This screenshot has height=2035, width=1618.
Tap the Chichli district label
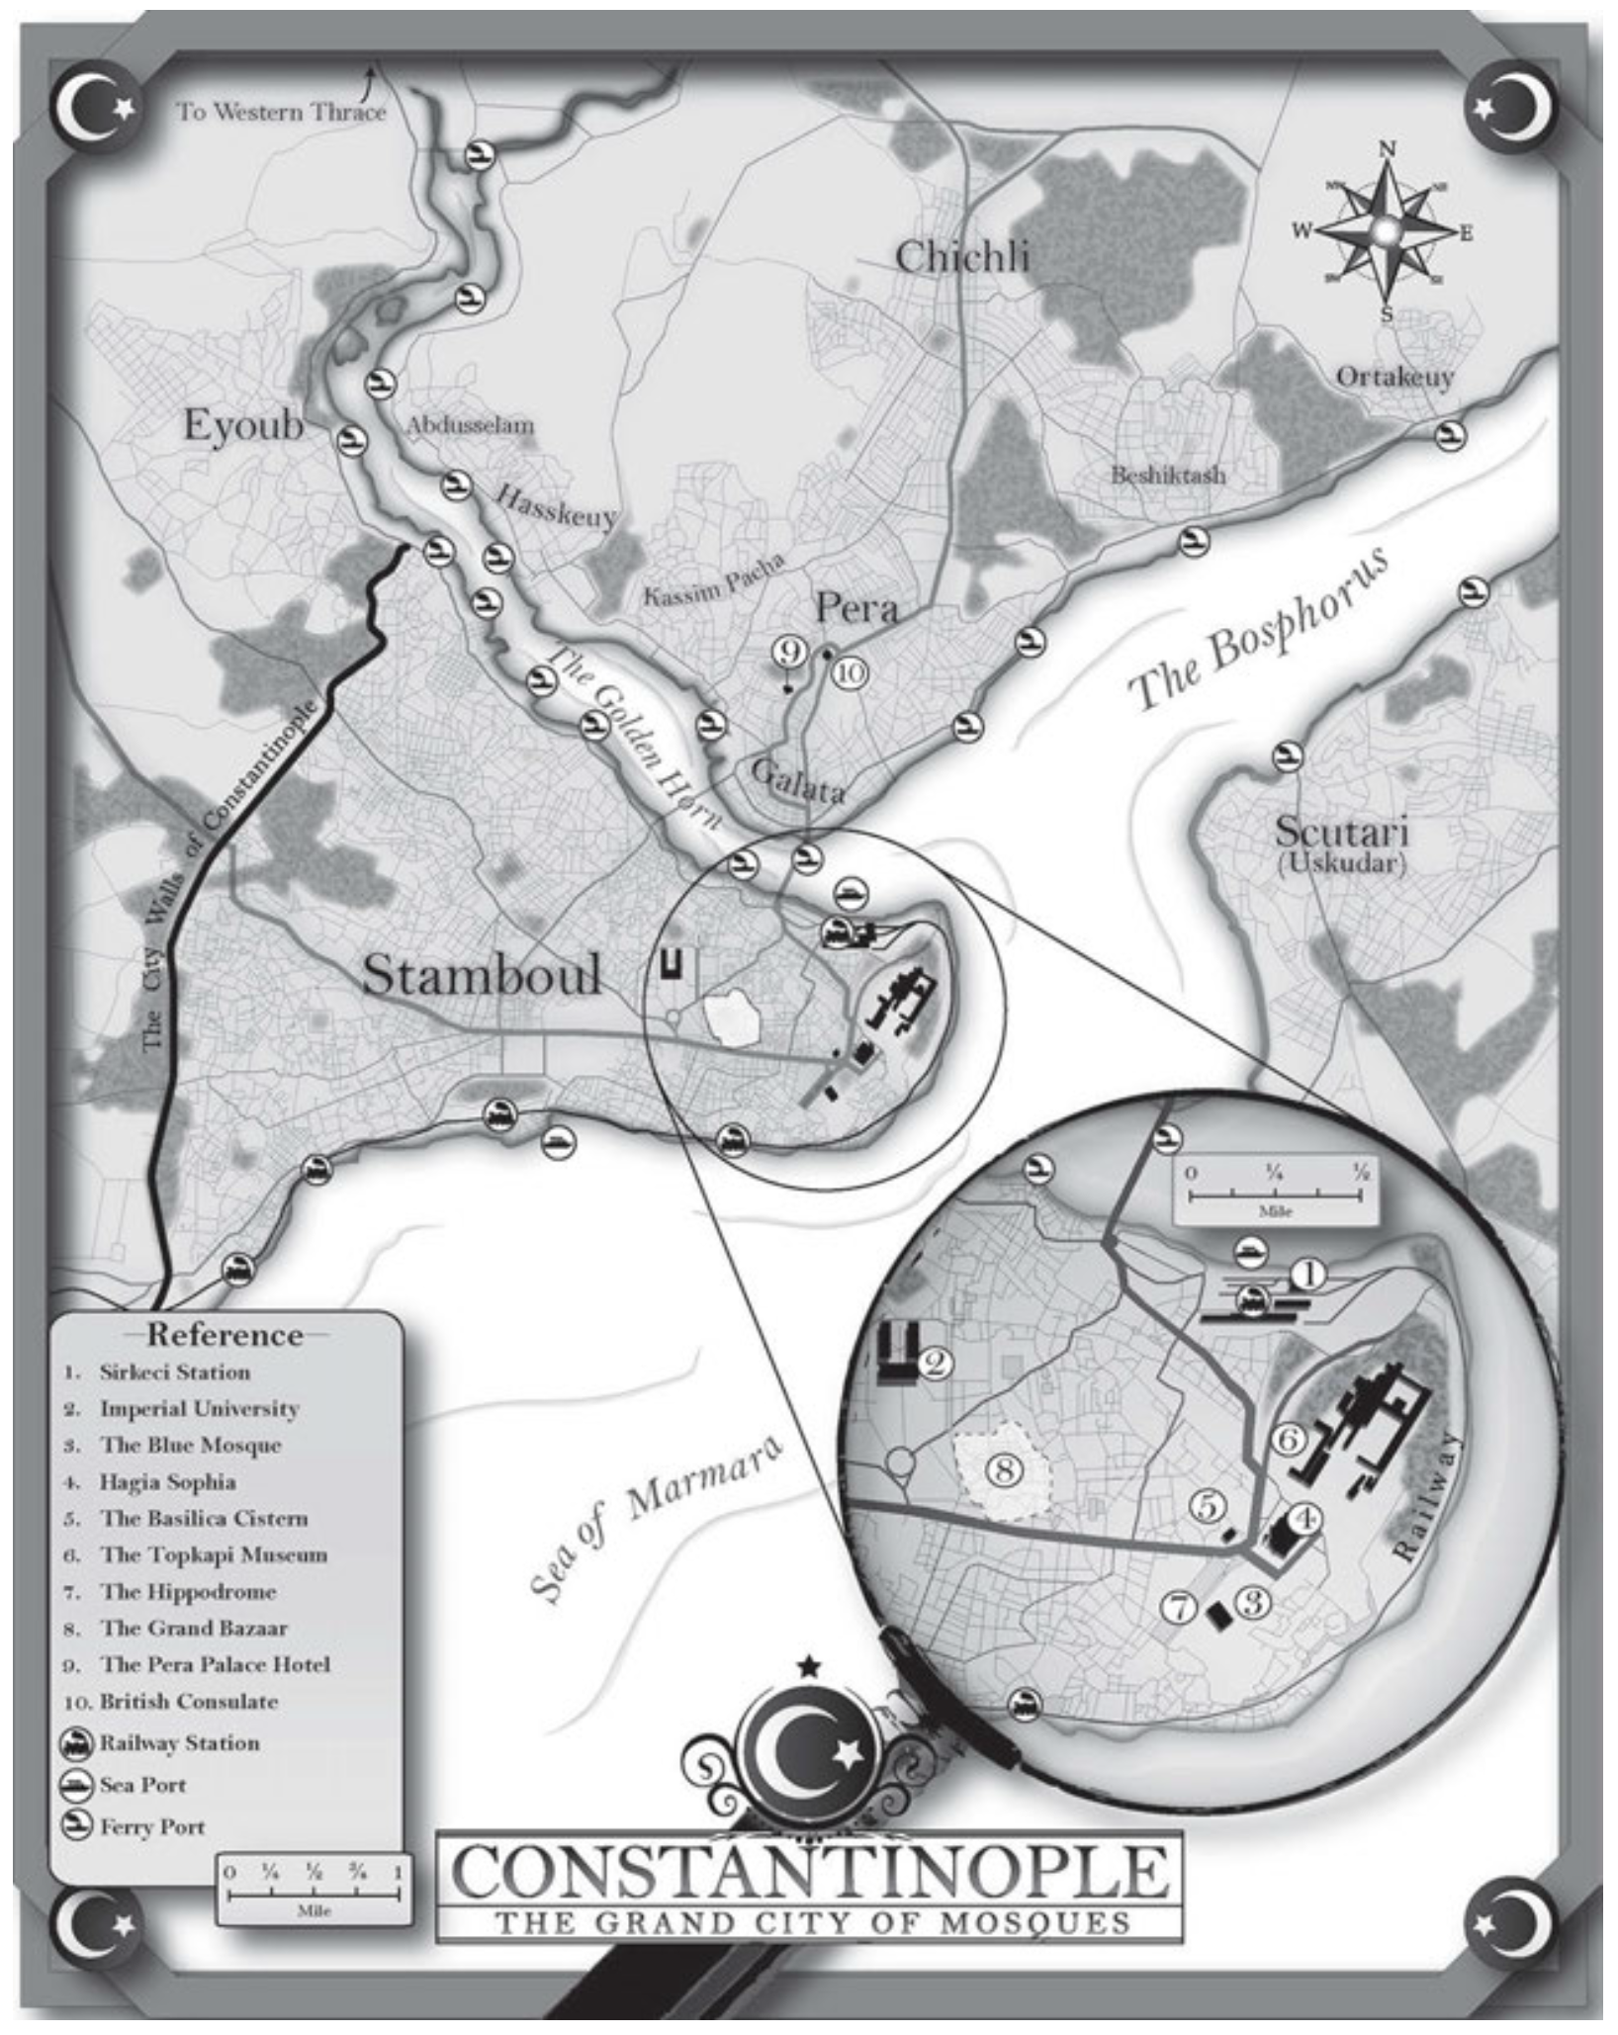(961, 258)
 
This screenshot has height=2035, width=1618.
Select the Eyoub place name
(243, 426)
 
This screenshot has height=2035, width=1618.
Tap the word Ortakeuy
(1394, 377)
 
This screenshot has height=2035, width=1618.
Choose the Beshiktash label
(1167, 476)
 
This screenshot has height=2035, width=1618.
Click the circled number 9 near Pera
(788, 651)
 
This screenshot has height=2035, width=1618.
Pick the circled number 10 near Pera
(851, 672)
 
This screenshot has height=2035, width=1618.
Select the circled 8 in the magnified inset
(1003, 1470)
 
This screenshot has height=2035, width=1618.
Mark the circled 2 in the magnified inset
(935, 1364)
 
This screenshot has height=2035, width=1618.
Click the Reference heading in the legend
(225, 1335)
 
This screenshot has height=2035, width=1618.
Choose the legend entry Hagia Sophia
(167, 1482)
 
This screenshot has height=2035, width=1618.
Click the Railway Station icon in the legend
(78, 1744)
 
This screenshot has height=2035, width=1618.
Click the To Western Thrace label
(281, 112)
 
